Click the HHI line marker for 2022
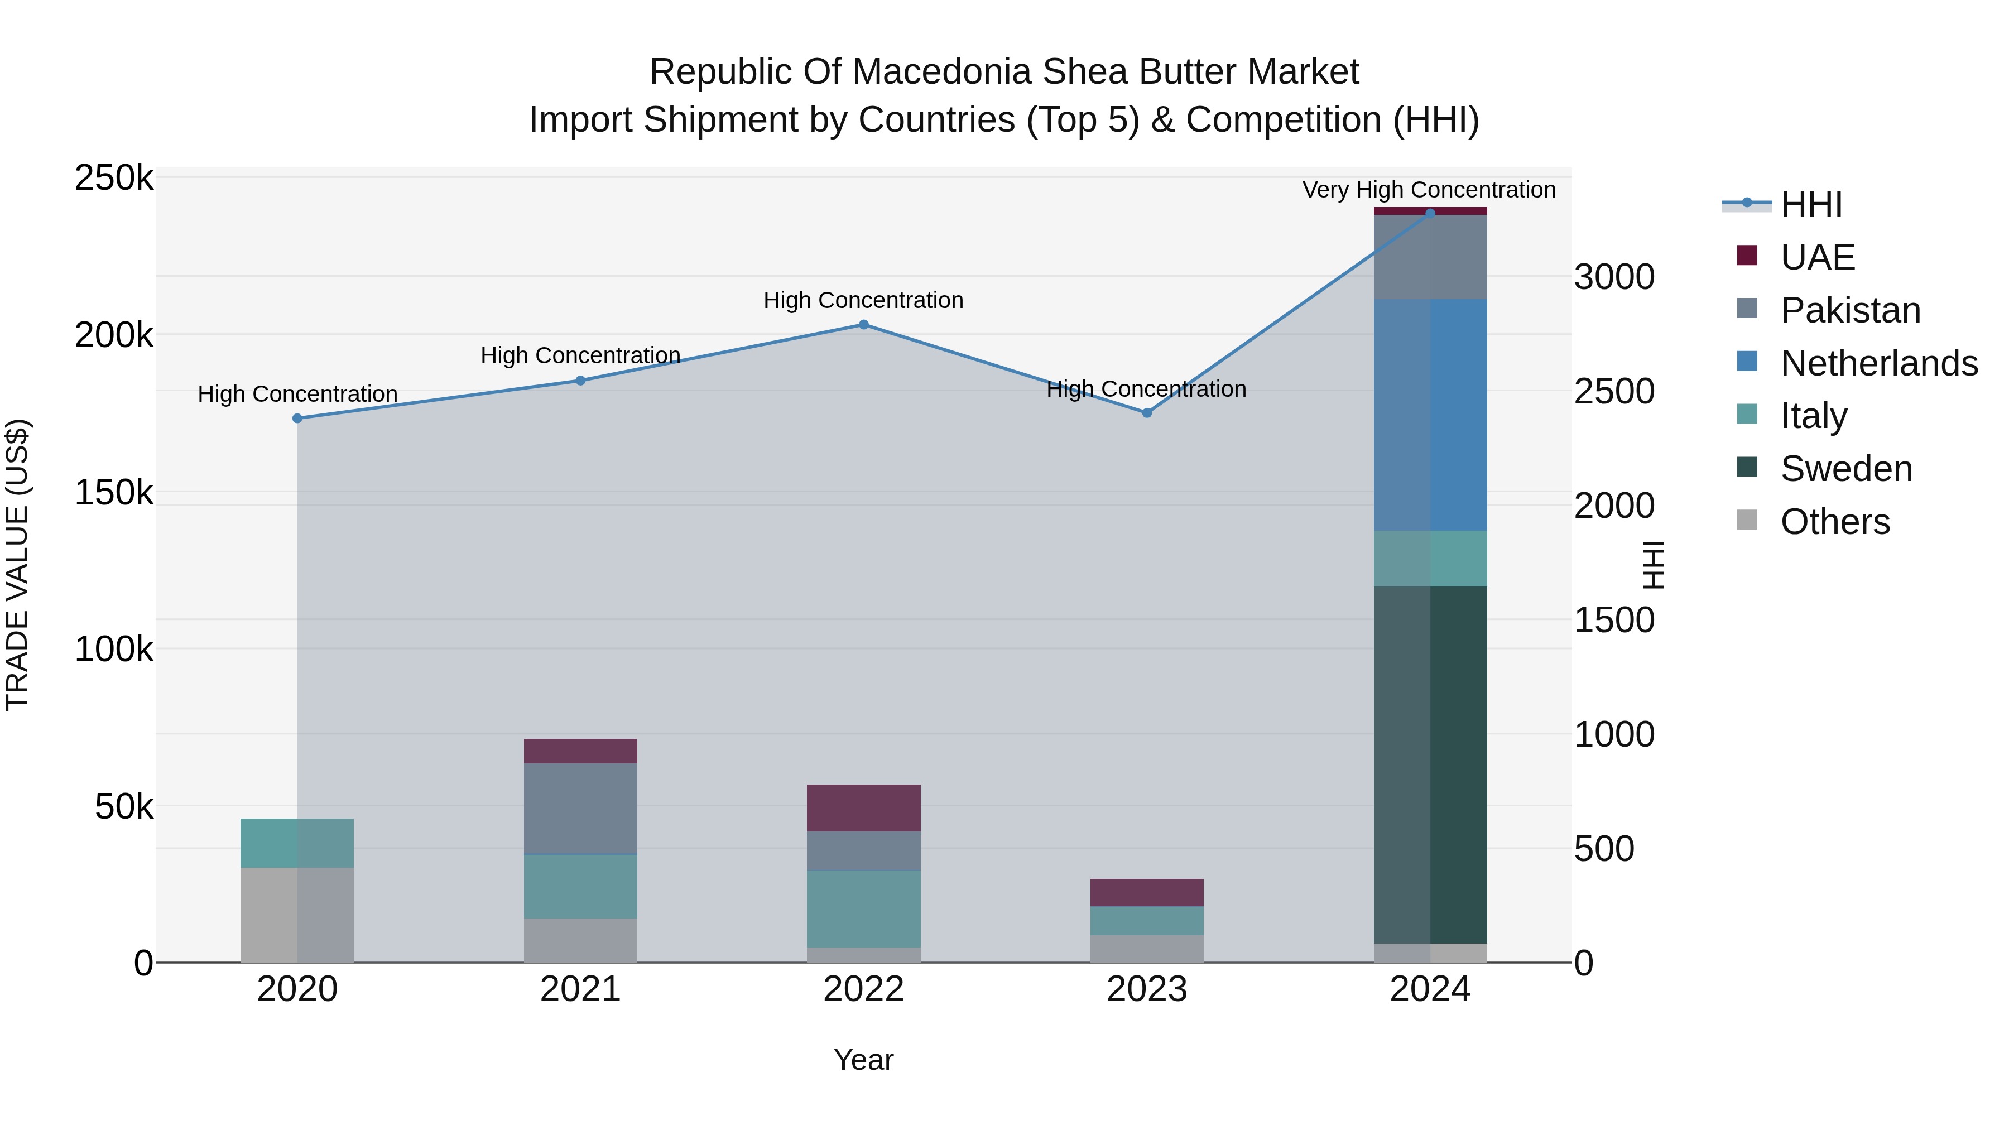[863, 324]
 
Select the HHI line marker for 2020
[297, 418]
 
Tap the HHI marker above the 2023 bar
[1146, 412]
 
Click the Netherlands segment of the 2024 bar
[1430, 415]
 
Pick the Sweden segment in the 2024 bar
[1430, 764]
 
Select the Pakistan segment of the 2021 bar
[580, 809]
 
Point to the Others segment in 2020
[297, 914]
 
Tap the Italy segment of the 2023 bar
[1146, 920]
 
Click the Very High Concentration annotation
[1429, 190]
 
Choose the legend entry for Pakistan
[1850, 310]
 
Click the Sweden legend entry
[1846, 469]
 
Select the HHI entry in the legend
[1811, 204]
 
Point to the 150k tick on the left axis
[114, 493]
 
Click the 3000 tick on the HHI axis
[1613, 277]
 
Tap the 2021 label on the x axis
[580, 989]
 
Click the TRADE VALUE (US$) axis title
[17, 565]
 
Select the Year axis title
[863, 1060]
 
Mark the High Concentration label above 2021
[580, 355]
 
